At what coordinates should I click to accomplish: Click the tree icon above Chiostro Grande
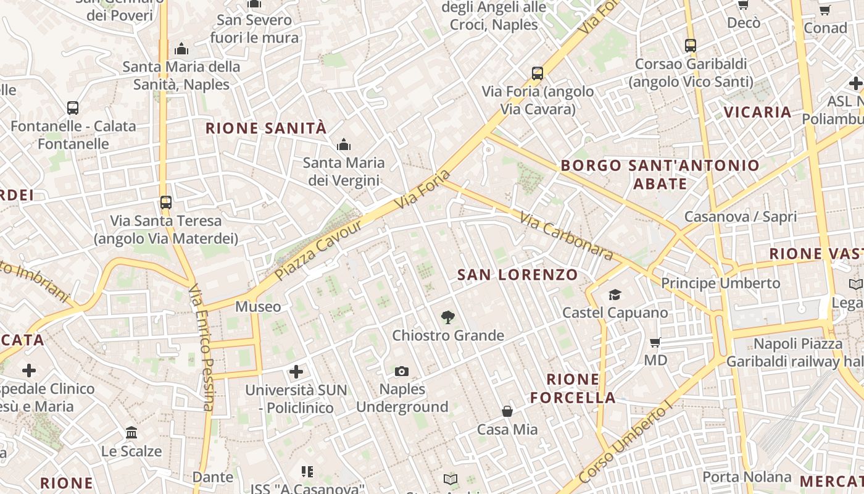(x=448, y=317)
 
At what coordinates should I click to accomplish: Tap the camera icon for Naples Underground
(x=402, y=371)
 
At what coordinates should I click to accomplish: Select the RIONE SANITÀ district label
(x=265, y=128)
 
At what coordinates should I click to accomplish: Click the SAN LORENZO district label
(x=518, y=275)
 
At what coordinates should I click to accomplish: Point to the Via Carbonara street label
(x=566, y=236)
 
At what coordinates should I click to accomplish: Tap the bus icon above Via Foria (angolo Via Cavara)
(x=538, y=73)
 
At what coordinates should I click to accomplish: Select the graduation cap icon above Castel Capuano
(x=615, y=295)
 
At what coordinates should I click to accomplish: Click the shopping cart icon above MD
(x=655, y=341)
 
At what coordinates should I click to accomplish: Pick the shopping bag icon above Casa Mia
(x=507, y=411)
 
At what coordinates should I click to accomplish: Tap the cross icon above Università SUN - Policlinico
(x=296, y=372)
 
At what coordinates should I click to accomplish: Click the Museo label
(x=258, y=306)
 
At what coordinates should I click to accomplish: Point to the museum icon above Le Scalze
(x=131, y=433)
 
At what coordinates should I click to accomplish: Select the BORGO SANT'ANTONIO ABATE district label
(x=660, y=174)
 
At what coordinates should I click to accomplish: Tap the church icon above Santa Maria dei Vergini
(x=344, y=145)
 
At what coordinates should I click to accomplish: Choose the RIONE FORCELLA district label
(x=573, y=388)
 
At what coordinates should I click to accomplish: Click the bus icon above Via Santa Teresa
(x=165, y=202)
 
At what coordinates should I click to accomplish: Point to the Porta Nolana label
(x=747, y=477)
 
